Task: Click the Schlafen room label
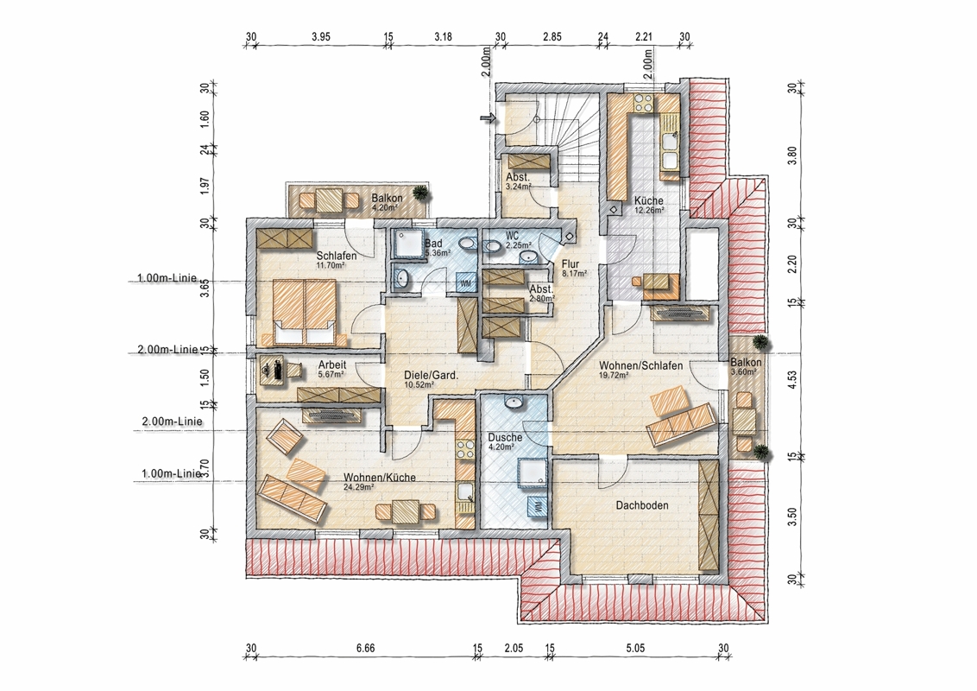(337, 256)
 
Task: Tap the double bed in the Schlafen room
(305, 312)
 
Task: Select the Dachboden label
(642, 505)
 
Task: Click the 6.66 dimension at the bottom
(365, 648)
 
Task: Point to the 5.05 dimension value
(635, 648)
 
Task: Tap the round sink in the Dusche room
(514, 403)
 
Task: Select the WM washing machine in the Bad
(465, 282)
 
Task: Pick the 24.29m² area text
(359, 488)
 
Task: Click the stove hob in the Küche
(643, 102)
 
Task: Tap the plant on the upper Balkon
(422, 192)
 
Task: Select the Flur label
(570, 263)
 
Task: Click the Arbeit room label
(332, 365)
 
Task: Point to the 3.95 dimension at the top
(321, 37)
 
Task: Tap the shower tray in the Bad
(407, 244)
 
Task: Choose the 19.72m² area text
(614, 376)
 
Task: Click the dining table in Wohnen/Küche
(406, 512)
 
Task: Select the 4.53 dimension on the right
(792, 380)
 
